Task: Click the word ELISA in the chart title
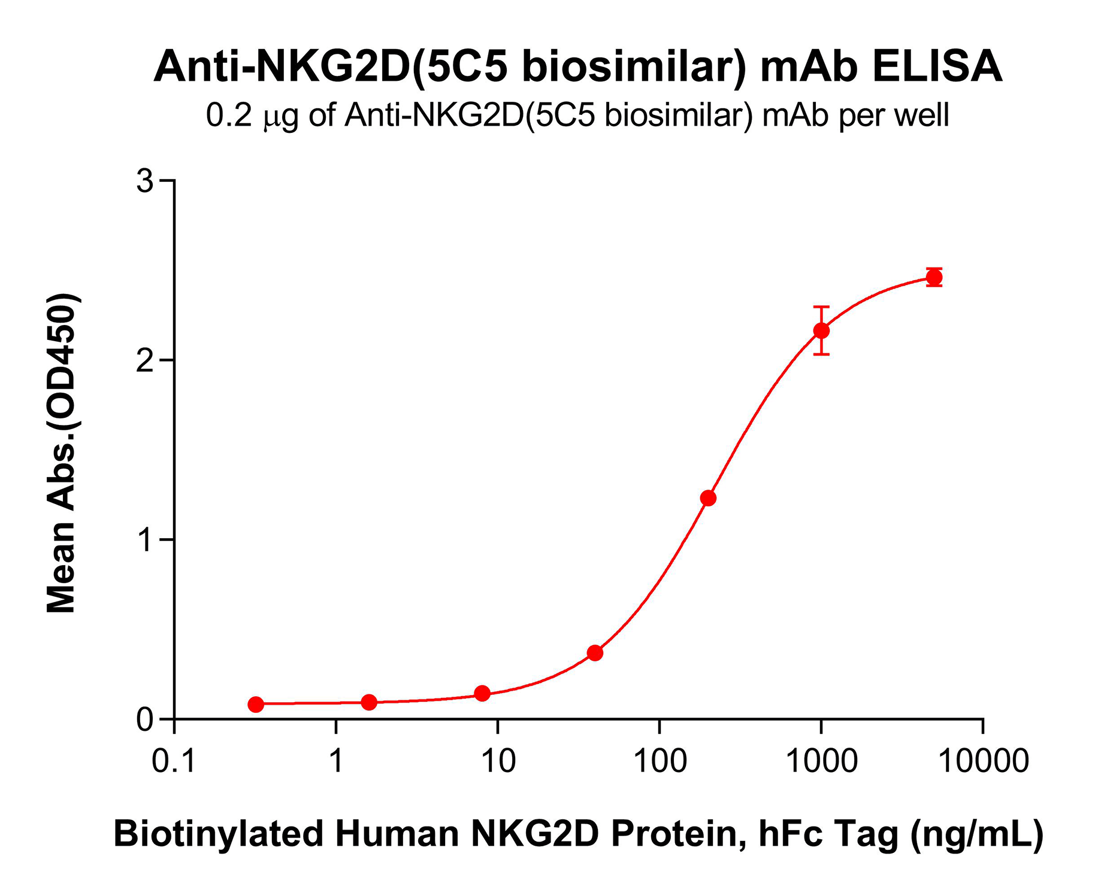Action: pos(937,67)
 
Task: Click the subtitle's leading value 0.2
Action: pos(229,115)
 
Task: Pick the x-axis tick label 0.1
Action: pos(174,761)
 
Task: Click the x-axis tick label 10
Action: pos(498,761)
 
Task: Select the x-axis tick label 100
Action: pos(660,761)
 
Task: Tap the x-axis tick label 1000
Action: pos(821,761)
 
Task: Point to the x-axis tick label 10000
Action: pos(983,761)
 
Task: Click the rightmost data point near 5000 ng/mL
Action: pos(934,277)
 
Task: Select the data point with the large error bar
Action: pos(821,330)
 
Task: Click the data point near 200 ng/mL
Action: pos(708,498)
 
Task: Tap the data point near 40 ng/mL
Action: pos(595,653)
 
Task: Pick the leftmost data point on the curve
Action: pos(256,704)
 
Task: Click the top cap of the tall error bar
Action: pos(821,306)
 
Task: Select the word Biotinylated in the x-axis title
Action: pos(219,833)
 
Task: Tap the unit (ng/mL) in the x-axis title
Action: pos(976,833)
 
